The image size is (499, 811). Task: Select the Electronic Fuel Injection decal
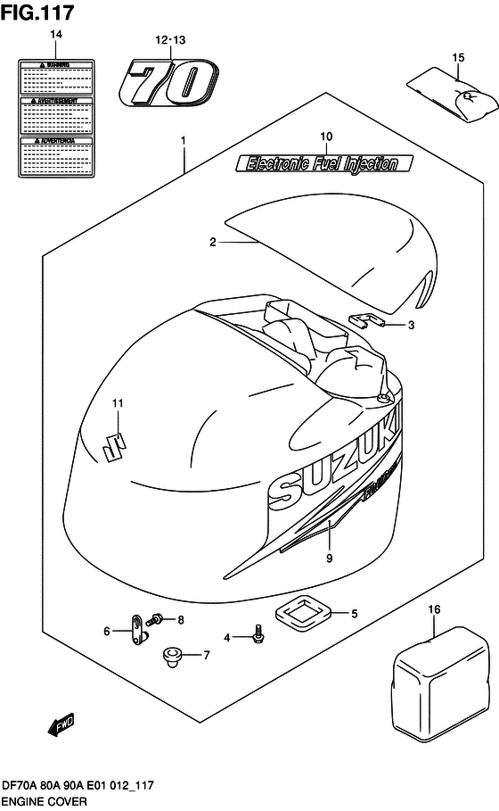tap(323, 162)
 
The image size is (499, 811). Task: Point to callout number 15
tap(458, 58)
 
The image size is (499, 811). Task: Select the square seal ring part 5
tap(303, 613)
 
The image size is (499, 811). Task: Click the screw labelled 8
tap(159, 617)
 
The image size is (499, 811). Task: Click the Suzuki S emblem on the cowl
tap(115, 443)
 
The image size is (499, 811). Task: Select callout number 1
tap(183, 141)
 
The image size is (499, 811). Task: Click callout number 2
tap(213, 242)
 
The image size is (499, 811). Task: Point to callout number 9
tap(329, 559)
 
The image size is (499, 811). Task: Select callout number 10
tap(326, 137)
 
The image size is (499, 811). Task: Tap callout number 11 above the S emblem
tap(116, 404)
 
